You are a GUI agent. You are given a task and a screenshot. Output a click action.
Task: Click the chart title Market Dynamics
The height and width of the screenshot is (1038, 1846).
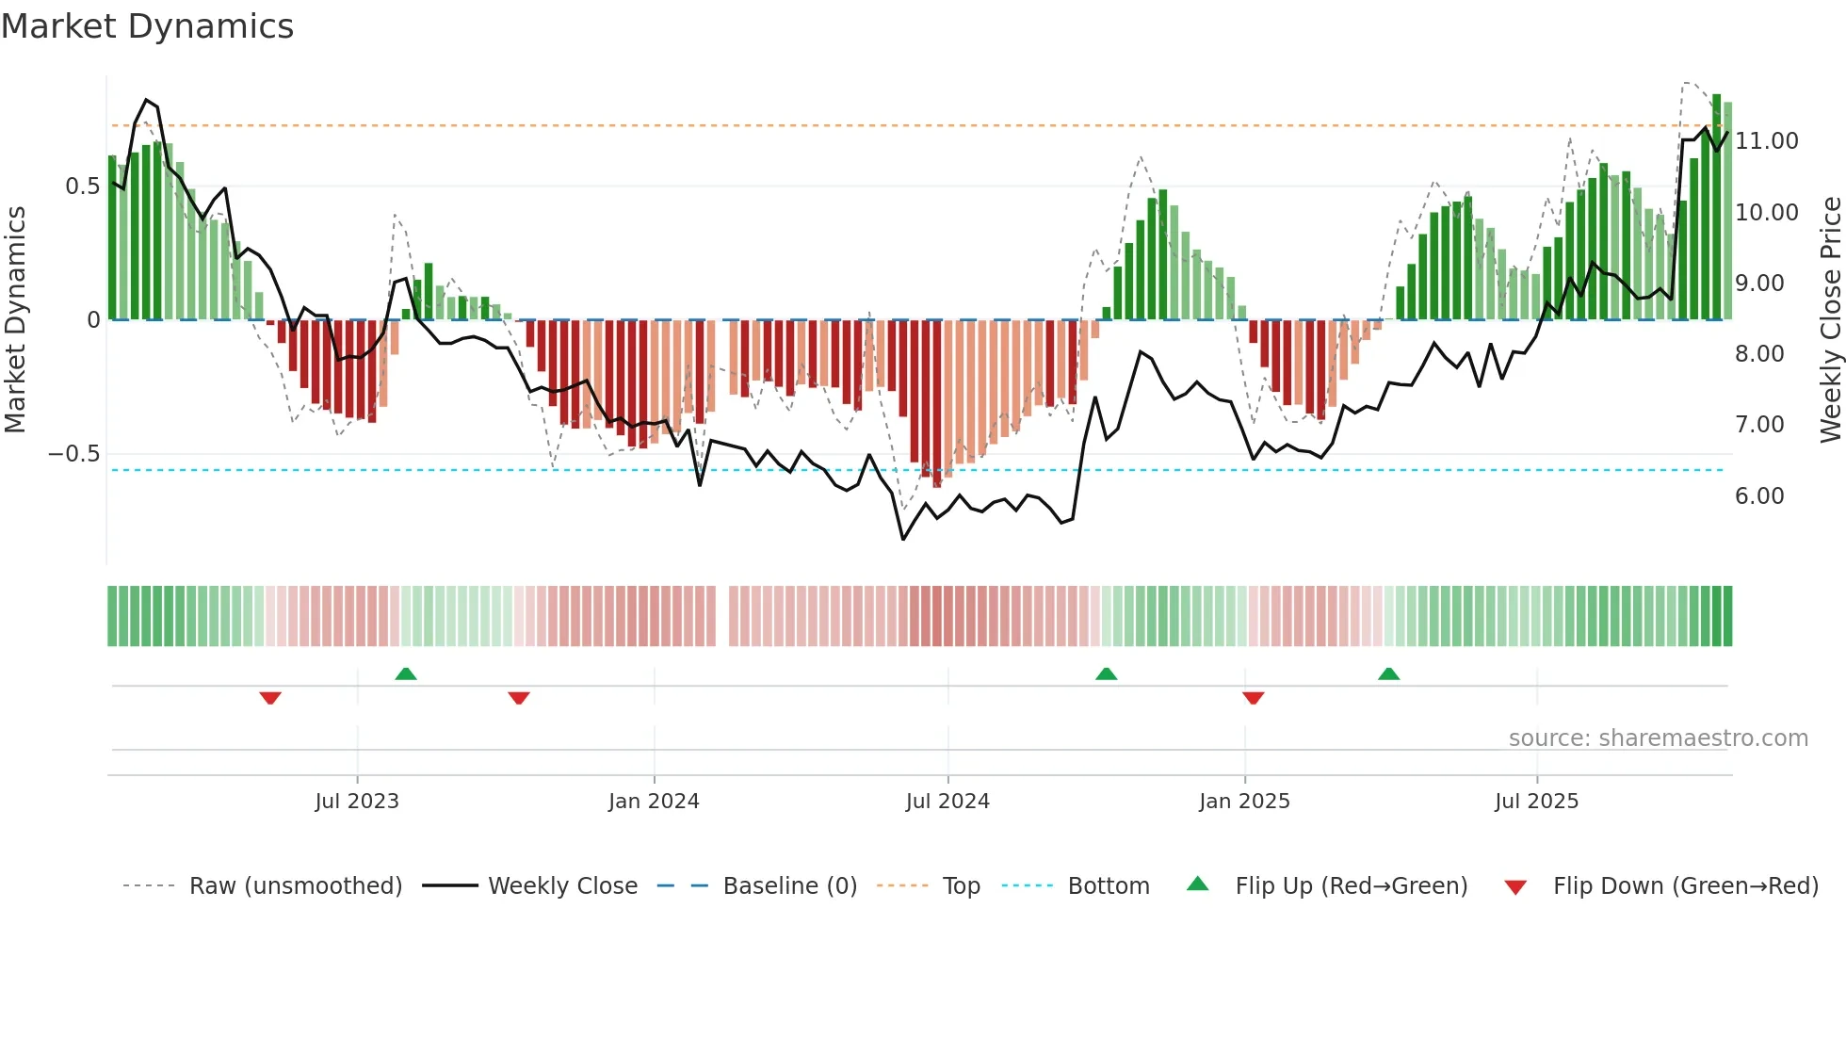(147, 26)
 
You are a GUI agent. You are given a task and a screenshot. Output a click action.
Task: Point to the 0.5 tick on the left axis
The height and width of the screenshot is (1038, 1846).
(82, 187)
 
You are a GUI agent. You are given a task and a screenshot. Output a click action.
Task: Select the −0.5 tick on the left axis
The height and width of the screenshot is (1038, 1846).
(74, 454)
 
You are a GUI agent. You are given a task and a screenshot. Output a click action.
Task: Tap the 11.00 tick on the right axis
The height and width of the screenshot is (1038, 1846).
(1766, 141)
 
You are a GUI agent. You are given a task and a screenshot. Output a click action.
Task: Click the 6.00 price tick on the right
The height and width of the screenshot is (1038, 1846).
(1759, 496)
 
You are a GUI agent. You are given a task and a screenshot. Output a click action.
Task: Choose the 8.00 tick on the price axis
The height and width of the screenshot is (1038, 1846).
(1759, 354)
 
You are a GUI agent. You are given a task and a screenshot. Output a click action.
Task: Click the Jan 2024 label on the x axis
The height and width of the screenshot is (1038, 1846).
(654, 802)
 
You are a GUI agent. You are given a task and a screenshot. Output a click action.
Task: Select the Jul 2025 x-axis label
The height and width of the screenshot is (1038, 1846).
(1536, 802)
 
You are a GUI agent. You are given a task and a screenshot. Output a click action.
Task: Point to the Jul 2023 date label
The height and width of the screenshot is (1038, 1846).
(357, 802)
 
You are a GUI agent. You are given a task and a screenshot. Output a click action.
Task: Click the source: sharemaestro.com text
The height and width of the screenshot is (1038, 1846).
(1658, 738)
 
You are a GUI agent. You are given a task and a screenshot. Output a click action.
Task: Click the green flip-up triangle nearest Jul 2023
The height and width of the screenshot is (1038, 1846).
(406, 674)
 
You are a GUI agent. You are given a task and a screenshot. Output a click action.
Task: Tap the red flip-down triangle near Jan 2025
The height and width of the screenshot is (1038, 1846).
(1253, 698)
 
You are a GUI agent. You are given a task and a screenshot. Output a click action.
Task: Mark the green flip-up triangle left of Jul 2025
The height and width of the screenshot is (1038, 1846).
(1388, 674)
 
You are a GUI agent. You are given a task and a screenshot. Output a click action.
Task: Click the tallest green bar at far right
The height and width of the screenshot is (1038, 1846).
(1716, 207)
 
